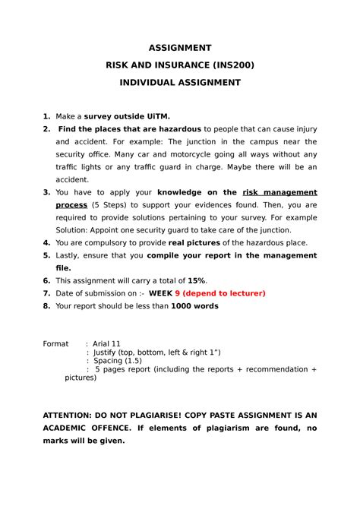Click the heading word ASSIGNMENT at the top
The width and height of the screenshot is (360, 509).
point(179,47)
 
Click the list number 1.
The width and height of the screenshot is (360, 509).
point(46,115)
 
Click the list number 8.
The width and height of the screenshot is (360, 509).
point(46,306)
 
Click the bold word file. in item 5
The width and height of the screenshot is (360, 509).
point(64,268)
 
